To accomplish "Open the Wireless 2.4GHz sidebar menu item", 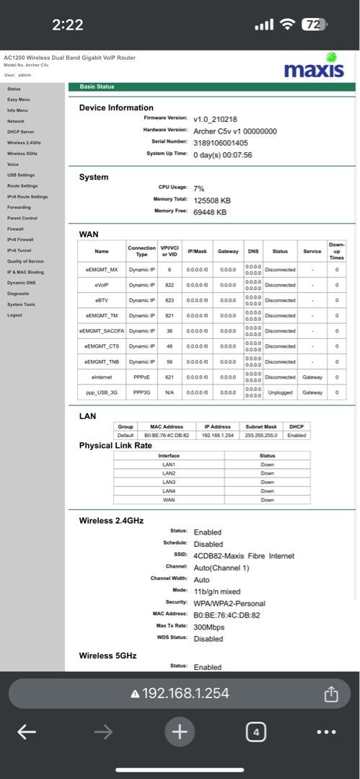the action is pos(24,143).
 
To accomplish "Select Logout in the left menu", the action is pos(14,315).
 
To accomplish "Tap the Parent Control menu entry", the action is pos(22,218).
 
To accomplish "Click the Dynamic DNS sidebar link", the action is pos(21,283).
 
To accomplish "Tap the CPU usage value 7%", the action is pos(198,188).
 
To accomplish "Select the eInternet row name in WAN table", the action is pos(102,377).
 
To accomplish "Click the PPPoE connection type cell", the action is pos(142,377).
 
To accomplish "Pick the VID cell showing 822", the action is pos(170,285).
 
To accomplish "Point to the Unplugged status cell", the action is pos(280,392).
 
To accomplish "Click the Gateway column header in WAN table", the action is pos(228,251).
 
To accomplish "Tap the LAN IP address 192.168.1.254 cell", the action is pos(216,436).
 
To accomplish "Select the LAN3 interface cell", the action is pos(169,482).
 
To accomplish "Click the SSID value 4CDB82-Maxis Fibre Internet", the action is pos(243,556).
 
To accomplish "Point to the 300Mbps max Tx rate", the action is pos(208,627).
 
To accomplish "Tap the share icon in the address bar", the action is pos(331,694).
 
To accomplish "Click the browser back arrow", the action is pos(27,733).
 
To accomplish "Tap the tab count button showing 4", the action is pos(255,733).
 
